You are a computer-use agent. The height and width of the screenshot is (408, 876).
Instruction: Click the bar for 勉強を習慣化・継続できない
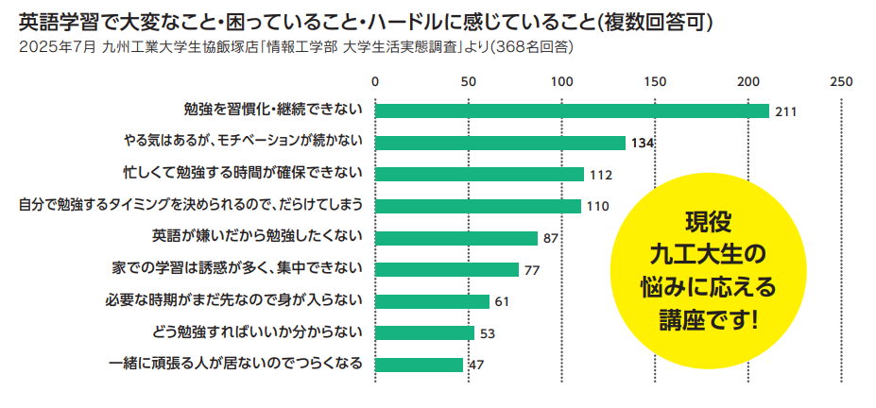[x=572, y=110]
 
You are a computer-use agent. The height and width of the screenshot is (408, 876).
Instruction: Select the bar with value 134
[x=501, y=143]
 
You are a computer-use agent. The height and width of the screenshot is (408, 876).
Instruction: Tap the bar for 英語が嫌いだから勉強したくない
[x=456, y=238]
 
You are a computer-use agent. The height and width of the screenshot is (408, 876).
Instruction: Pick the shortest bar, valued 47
[x=420, y=365]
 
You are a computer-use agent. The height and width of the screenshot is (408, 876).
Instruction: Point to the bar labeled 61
[x=433, y=301]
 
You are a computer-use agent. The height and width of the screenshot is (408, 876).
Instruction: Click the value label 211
[x=786, y=111]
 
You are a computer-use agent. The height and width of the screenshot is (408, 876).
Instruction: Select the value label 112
[x=601, y=175]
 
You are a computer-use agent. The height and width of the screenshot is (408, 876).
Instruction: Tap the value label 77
[x=531, y=270]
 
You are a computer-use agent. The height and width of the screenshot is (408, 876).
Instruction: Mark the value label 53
[x=488, y=333]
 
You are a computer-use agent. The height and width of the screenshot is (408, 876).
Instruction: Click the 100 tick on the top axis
[x=562, y=81]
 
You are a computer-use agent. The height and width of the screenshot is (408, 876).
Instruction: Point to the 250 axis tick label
[x=841, y=81]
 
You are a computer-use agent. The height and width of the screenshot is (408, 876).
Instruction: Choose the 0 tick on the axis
[x=376, y=81]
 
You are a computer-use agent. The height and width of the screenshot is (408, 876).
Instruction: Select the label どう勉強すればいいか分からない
[x=257, y=332]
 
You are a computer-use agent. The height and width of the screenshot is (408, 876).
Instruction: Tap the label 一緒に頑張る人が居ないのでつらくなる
[x=235, y=365]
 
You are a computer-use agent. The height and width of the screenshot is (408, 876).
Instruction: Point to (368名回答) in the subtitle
[x=532, y=45]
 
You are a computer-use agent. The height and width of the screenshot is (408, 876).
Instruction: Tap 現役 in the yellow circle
[x=708, y=223]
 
